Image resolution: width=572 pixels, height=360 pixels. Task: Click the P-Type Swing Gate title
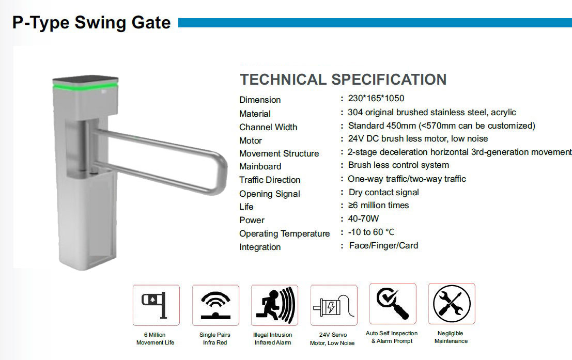coord(91,23)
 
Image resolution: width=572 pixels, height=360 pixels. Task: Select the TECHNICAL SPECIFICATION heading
coord(343,80)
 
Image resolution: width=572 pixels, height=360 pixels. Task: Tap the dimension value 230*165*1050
coord(376,98)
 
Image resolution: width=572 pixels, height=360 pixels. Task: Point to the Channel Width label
coord(268,127)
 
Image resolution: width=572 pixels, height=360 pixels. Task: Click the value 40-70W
coord(363,218)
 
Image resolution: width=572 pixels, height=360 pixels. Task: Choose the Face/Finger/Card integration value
coord(383,245)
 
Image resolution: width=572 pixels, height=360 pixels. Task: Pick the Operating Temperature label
coord(284,233)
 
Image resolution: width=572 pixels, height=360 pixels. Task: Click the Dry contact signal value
coord(383,192)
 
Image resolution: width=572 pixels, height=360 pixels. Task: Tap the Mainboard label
coord(260,166)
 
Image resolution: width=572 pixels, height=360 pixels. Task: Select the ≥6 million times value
coord(378,205)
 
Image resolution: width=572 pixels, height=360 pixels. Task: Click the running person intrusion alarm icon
coord(273,305)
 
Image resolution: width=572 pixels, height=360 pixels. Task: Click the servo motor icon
coord(333,306)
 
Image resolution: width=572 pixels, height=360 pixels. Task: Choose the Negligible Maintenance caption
coord(451,337)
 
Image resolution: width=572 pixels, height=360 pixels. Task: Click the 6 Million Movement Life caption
coord(155,339)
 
